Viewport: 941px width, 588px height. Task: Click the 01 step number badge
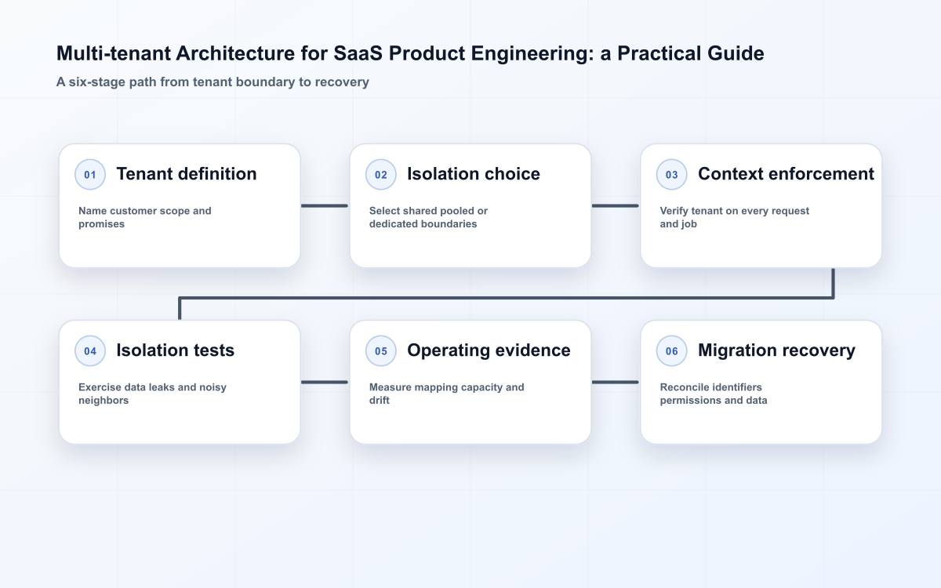[90, 174]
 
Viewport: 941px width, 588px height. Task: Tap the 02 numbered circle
[380, 174]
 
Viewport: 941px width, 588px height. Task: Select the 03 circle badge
[671, 174]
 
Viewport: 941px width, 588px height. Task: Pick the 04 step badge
[90, 350]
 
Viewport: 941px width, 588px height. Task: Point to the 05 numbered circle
[380, 350]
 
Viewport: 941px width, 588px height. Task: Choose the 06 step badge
[671, 350]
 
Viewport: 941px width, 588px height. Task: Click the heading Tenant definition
[187, 174]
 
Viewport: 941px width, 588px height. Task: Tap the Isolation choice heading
[474, 174]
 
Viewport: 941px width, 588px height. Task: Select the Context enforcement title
[786, 174]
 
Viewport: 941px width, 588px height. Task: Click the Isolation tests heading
[175, 350]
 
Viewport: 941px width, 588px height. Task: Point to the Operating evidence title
[489, 350]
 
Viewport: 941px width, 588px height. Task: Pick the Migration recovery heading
[776, 350]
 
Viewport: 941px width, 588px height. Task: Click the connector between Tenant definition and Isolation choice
[325, 205]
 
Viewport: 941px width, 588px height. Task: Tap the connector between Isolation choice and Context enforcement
[616, 205]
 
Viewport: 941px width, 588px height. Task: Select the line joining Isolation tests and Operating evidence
[325, 383]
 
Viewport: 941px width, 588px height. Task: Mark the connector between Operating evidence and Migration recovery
[616, 383]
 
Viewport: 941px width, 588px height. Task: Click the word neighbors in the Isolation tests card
[104, 401]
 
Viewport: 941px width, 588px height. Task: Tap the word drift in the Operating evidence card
[379, 401]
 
